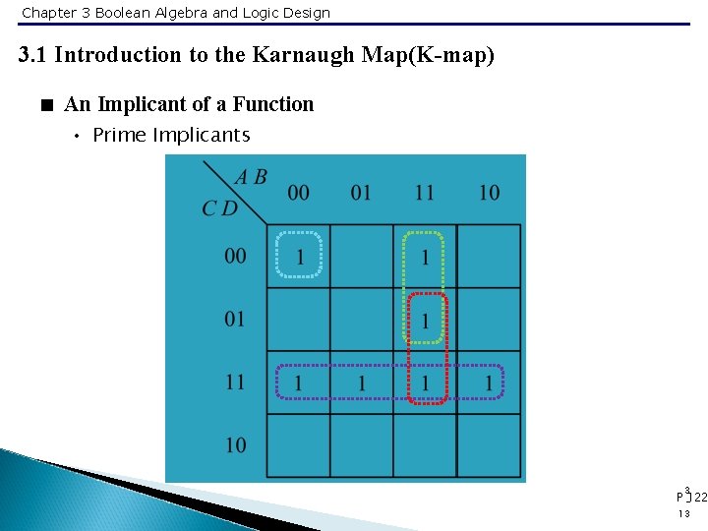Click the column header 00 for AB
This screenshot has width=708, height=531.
click(x=299, y=192)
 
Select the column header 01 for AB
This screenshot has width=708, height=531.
click(x=362, y=192)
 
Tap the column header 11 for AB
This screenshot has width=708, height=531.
click(x=425, y=192)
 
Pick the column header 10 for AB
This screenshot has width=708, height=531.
click(x=489, y=192)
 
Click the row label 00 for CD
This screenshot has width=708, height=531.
click(x=236, y=257)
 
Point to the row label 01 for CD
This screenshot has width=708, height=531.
click(x=236, y=320)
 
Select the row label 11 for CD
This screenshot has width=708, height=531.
click(x=236, y=382)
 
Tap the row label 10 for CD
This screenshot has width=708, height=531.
click(x=236, y=444)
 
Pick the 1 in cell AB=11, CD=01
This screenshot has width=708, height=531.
click(x=425, y=321)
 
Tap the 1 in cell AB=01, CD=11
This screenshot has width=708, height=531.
click(x=362, y=383)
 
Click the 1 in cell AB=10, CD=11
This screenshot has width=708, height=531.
click(x=489, y=383)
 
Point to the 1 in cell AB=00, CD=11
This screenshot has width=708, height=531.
click(x=299, y=383)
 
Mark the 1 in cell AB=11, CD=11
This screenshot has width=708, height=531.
click(x=425, y=383)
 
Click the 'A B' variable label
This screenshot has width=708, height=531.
click(x=251, y=178)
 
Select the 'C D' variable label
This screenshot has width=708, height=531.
click(x=219, y=207)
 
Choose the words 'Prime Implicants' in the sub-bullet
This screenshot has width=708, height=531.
click(x=171, y=136)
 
